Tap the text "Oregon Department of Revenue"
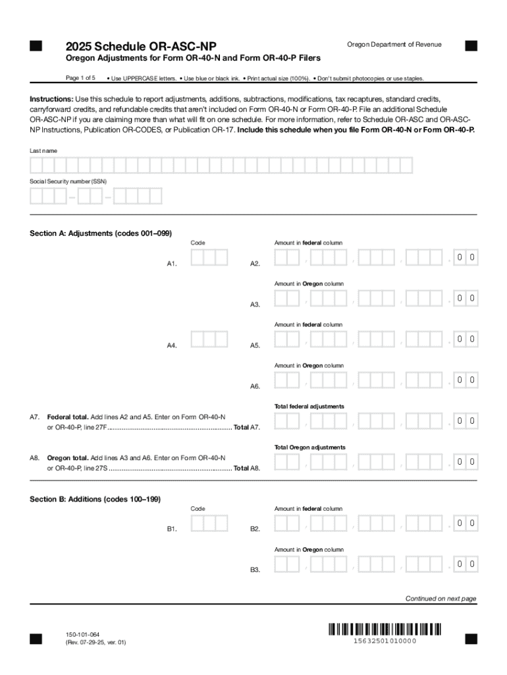[x=394, y=44]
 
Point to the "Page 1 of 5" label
[x=80, y=78]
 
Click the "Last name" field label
[x=43, y=151]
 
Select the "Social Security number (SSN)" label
[x=68, y=181]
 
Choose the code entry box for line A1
[x=209, y=258]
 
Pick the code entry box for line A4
[x=209, y=339]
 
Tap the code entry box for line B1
[x=209, y=523]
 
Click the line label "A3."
[x=255, y=305]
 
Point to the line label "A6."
[x=255, y=386]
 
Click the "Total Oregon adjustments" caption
[x=309, y=447]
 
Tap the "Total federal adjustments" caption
[x=309, y=406]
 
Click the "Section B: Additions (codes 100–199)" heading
[x=95, y=499]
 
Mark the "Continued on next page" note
[x=440, y=599]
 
